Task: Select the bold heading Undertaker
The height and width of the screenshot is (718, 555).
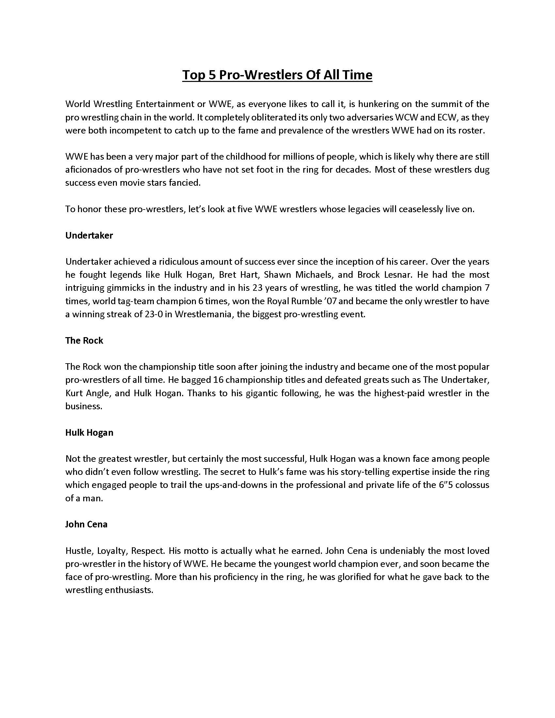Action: click(89, 235)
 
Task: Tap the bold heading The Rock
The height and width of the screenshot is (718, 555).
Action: click(84, 341)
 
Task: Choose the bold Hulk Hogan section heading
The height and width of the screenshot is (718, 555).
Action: click(89, 433)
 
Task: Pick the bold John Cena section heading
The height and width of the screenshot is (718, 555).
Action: click(86, 524)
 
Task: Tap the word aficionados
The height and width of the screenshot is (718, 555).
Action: click(87, 170)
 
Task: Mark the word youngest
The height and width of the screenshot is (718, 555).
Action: click(285, 564)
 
